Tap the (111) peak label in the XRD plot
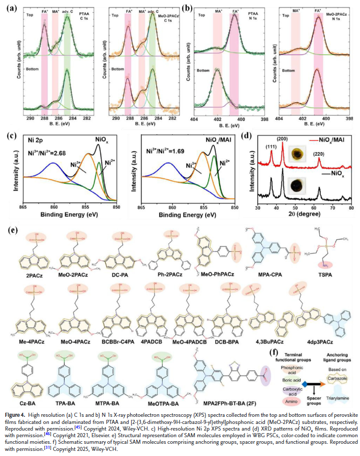(x=273, y=150)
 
